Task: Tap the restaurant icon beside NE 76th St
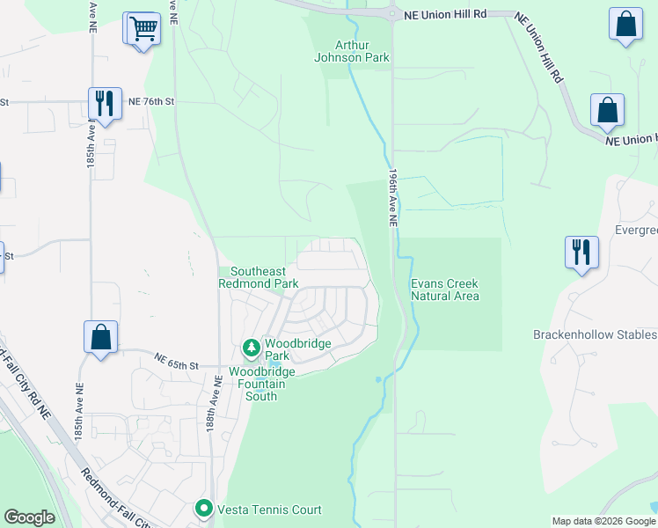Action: (104, 103)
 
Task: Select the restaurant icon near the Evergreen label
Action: (581, 252)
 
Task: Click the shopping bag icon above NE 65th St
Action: (100, 337)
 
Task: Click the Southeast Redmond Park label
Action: (264, 278)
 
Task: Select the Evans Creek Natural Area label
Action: (445, 290)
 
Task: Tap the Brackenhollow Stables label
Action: (595, 334)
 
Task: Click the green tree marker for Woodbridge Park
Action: (252, 348)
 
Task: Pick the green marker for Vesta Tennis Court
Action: (204, 509)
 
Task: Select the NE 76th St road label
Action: (151, 101)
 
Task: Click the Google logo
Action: (29, 517)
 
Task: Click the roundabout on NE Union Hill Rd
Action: (392, 12)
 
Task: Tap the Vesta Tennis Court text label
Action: (269, 510)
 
